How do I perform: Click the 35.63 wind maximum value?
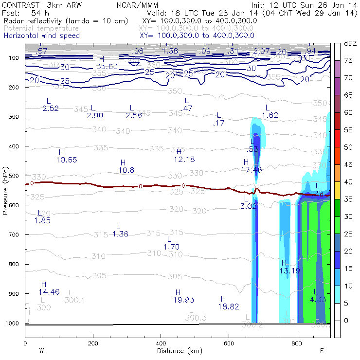click(107, 67)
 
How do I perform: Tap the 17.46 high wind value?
click(252, 170)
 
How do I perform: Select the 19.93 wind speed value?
click(183, 300)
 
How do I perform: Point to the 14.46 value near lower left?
click(49, 292)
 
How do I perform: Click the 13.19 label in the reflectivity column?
click(290, 270)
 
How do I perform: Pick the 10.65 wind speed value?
click(67, 160)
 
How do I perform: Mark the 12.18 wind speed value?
click(184, 160)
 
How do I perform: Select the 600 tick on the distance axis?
click(229, 344)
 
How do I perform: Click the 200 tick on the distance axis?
click(93, 344)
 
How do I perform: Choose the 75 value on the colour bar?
click(348, 61)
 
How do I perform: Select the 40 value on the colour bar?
click(348, 182)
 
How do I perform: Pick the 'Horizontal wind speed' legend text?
click(42, 36)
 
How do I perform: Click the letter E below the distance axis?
click(322, 351)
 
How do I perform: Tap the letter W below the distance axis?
click(42, 351)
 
